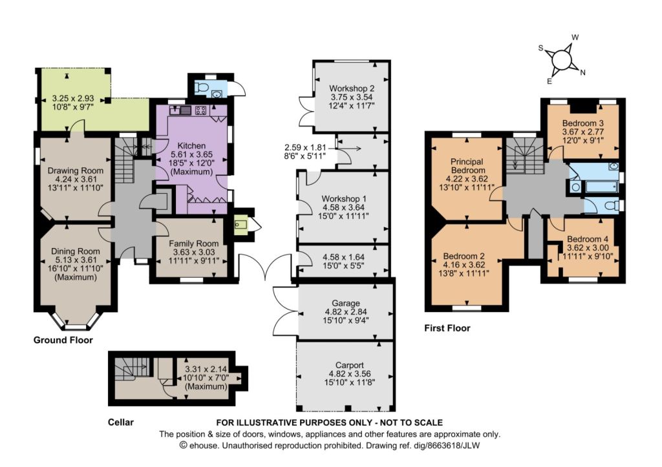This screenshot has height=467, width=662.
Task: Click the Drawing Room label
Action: [75, 171]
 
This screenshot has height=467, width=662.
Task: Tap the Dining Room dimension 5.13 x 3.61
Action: [75, 260]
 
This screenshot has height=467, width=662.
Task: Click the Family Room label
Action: [194, 244]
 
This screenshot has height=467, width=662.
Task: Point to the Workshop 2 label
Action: [352, 89]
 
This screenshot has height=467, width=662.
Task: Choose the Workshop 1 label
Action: [344, 199]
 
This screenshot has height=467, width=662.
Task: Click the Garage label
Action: [346, 303]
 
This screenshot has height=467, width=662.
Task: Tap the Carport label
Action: [350, 366]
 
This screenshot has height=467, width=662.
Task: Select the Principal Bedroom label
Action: [467, 166]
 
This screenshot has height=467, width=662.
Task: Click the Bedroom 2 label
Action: [464, 256]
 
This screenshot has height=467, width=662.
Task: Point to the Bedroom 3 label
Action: [583, 123]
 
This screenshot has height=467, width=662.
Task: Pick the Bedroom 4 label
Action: [588, 239]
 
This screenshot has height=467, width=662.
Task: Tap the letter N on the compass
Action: [582, 72]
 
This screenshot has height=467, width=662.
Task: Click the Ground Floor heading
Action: [63, 340]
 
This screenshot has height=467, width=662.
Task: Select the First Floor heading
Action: [447, 328]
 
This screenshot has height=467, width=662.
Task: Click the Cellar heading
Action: [121, 422]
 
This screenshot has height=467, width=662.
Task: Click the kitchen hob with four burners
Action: [201, 110]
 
